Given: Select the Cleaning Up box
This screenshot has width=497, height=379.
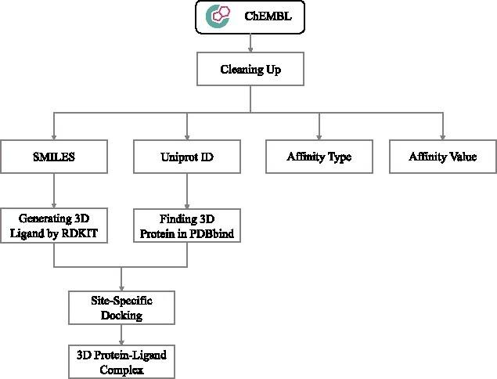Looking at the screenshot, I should pos(250,70).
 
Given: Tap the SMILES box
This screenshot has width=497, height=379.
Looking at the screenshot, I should pos(53,157).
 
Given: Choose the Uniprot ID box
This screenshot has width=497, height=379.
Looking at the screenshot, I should pos(186,157).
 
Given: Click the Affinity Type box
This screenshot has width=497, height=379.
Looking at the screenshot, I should pos(319,157).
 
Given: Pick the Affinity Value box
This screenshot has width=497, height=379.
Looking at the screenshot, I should pos(442,157).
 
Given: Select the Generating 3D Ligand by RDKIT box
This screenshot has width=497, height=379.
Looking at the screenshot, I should pos(53,226).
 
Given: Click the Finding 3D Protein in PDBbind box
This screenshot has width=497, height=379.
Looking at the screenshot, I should pos(186,226).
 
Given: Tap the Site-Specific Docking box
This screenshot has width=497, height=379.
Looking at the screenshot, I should pos(121,309).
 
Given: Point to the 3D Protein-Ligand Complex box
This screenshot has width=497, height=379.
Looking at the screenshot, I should pos(121,362).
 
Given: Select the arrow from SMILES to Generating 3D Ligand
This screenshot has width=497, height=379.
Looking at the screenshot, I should pos(53,190).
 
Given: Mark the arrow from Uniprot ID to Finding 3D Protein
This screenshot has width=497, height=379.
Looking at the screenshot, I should pos(186,190).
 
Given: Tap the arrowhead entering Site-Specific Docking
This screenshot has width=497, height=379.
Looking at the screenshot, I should pos(121,289).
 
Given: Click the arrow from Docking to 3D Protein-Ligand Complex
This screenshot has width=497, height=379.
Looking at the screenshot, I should pos(121,335).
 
